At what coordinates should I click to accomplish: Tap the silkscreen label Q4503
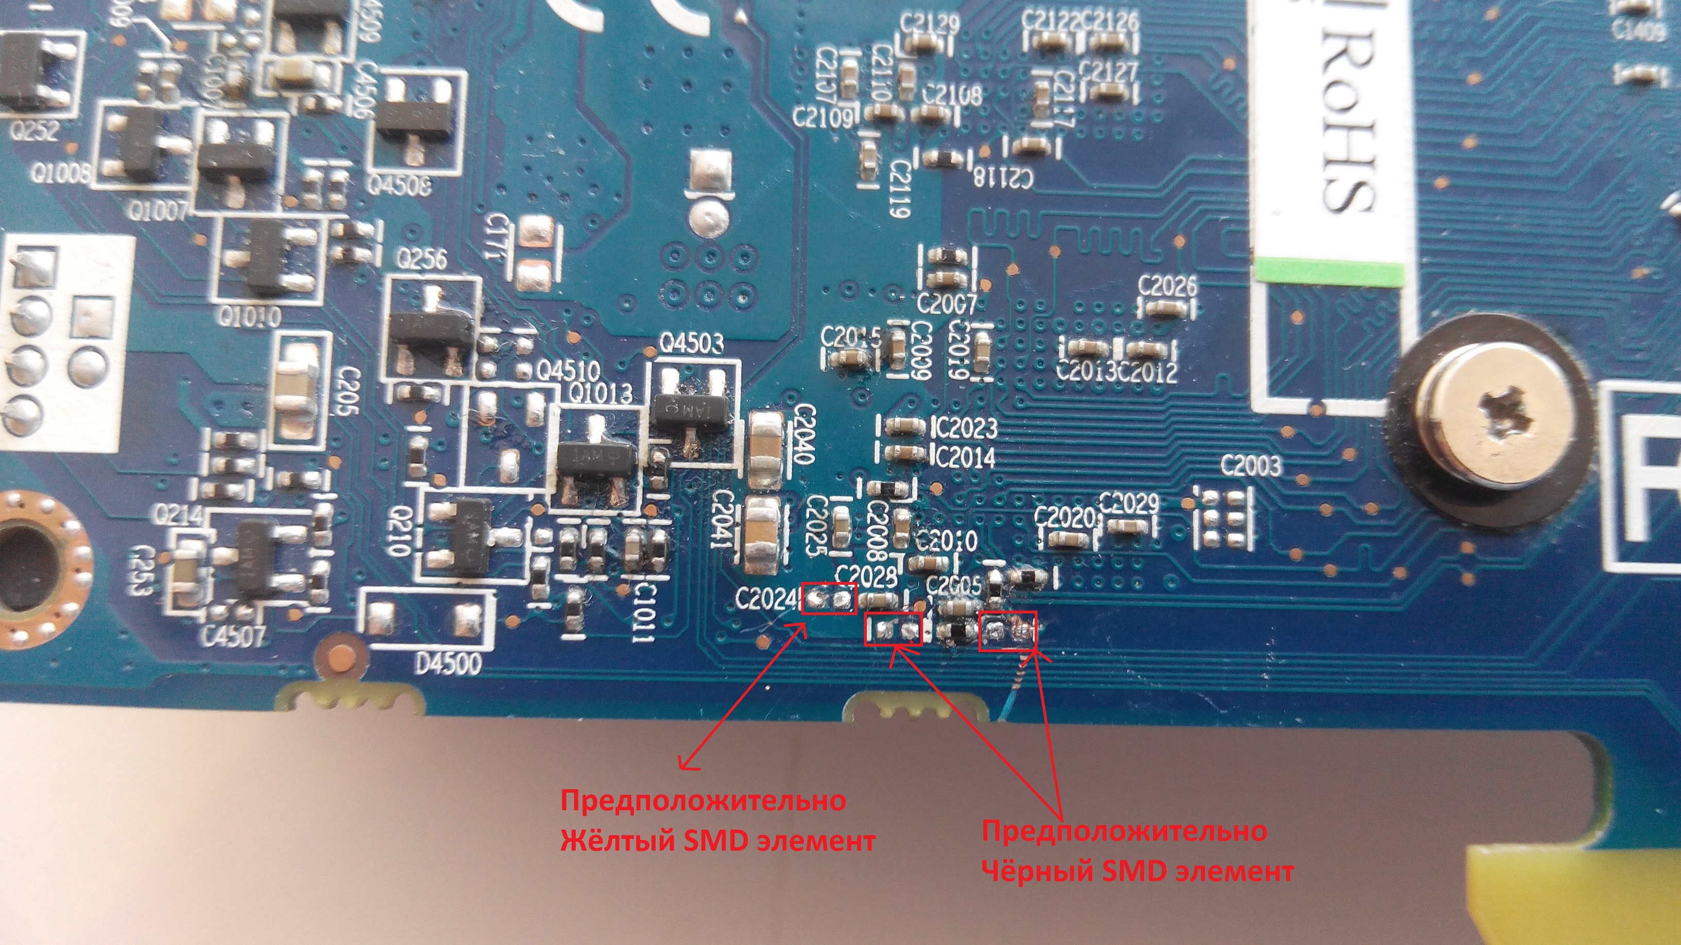pos(692,344)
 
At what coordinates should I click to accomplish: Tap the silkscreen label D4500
pos(450,664)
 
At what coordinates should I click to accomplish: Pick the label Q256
pos(422,261)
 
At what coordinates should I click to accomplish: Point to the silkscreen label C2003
pos(1250,466)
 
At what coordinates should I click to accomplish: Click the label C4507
pos(233,636)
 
